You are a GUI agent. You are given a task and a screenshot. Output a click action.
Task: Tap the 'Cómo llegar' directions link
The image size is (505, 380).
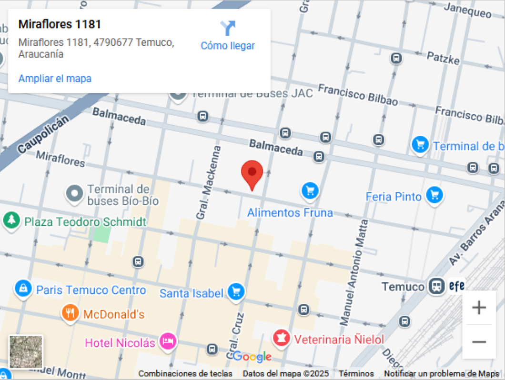[x=228, y=46]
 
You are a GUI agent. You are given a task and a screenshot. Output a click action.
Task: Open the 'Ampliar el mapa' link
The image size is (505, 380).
[x=55, y=79]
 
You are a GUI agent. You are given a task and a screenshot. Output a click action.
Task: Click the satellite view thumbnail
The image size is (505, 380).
[x=26, y=352]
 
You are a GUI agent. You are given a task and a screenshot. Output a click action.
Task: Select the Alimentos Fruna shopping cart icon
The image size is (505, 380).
[x=310, y=191]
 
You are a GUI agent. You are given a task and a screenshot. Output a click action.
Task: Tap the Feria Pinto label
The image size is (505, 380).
[x=394, y=196]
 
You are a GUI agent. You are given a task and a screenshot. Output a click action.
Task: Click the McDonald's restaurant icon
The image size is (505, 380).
[x=70, y=313]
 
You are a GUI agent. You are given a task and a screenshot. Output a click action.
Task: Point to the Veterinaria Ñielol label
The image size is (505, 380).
[x=339, y=340]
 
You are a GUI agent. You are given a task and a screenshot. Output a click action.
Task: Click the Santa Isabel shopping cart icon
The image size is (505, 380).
[x=236, y=292]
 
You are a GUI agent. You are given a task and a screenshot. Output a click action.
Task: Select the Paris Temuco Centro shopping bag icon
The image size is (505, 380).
[x=23, y=289]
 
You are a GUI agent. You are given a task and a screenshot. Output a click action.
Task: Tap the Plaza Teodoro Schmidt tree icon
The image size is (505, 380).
[x=11, y=220]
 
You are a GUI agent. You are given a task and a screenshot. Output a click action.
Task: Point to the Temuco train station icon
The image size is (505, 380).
[x=436, y=286]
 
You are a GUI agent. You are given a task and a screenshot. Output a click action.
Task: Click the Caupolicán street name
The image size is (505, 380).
[x=43, y=135]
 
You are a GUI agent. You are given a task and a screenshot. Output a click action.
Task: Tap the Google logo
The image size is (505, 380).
[x=252, y=357]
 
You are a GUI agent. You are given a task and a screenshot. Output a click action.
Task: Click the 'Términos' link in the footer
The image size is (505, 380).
[x=356, y=374]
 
